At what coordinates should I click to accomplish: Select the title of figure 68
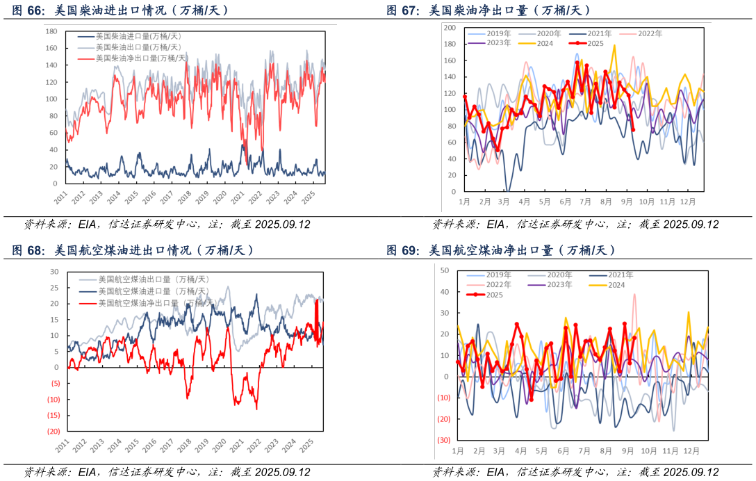tap(133, 250)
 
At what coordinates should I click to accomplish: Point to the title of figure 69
tap(501, 250)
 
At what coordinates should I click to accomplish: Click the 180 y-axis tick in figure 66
tap(51, 32)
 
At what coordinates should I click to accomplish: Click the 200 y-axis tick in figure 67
tap(449, 28)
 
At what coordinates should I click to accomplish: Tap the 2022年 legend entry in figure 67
tap(650, 33)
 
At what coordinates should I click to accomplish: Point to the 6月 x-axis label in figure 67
tap(565, 202)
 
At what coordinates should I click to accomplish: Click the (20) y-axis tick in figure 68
tap(54, 431)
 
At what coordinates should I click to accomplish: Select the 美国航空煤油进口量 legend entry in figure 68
tap(153, 291)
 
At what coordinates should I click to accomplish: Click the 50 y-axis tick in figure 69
tap(443, 270)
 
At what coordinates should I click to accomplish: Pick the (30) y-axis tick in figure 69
tap(443, 440)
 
